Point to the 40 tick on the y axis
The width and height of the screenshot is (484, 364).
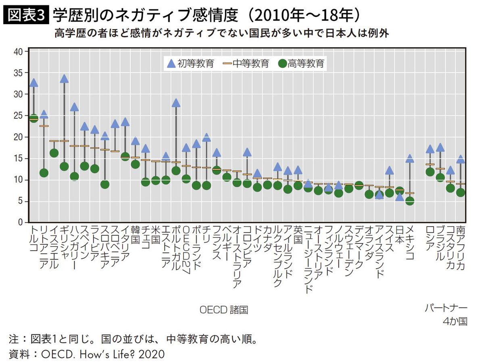click(x=18, y=52)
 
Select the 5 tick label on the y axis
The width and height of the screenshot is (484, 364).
click(x=20, y=202)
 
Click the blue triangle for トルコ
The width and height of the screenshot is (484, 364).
click(x=33, y=83)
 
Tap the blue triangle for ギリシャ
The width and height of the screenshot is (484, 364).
click(x=64, y=79)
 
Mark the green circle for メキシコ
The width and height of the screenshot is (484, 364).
click(x=410, y=201)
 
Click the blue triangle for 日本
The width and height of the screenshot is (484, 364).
click(x=399, y=197)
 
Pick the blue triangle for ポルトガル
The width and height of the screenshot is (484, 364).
click(x=176, y=102)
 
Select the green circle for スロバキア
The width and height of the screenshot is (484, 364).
click(x=105, y=184)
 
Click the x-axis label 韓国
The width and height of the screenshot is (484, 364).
click(x=135, y=235)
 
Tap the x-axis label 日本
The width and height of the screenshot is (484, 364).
click(x=399, y=235)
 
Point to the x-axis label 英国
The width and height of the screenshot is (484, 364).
click(x=298, y=235)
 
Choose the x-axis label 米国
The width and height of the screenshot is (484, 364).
click(x=156, y=235)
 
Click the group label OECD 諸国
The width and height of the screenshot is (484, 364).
click(x=224, y=310)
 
